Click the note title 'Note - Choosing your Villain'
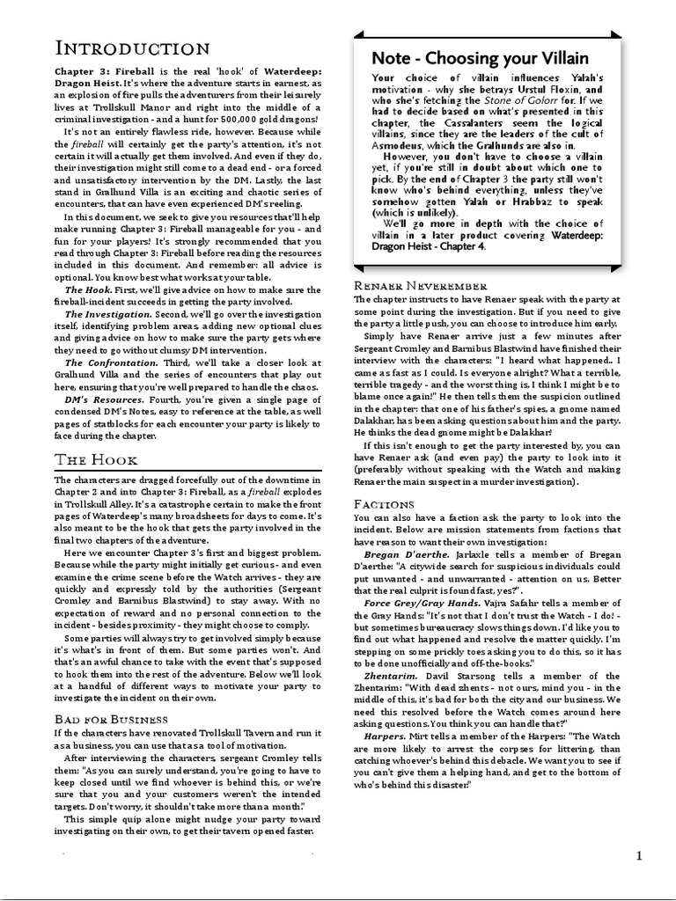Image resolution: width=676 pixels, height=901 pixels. pos(480,58)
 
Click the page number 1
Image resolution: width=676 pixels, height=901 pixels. pos(639,856)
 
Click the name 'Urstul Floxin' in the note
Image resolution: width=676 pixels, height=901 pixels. pos(547,89)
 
